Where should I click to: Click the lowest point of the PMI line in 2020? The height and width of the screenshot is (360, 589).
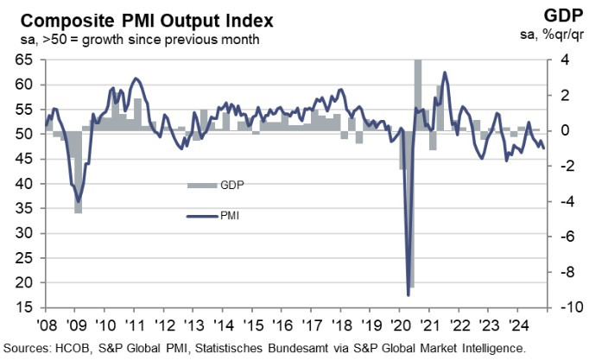408,295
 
